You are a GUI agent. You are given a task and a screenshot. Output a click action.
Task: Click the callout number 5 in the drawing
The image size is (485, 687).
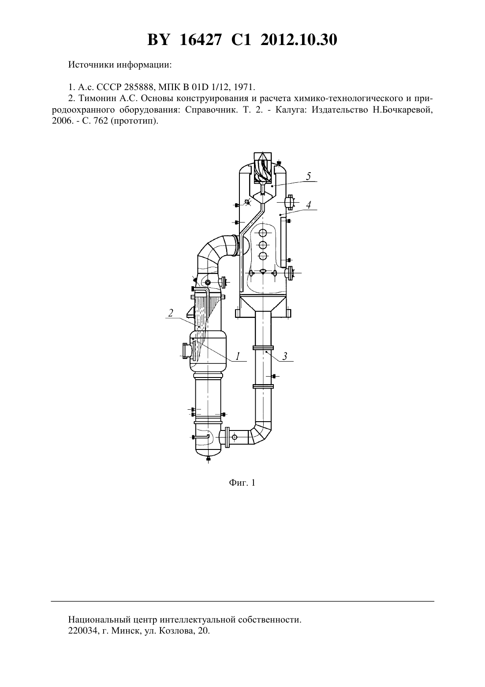pyautogui.click(x=308, y=176)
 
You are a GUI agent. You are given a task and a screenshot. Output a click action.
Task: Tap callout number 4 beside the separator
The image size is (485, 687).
pyautogui.click(x=309, y=204)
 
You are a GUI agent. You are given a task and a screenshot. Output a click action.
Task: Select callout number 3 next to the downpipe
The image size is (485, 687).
pyautogui.click(x=285, y=356)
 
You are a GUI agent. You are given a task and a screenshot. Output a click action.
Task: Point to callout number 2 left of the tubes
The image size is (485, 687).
pyautogui.click(x=171, y=313)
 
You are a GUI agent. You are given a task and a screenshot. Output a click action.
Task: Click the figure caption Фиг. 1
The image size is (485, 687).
pyautogui.click(x=242, y=483)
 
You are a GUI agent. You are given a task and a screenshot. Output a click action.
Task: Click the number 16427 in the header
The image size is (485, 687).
pyautogui.click(x=200, y=40)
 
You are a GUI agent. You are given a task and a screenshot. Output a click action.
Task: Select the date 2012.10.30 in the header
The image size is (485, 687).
pyautogui.click(x=299, y=40)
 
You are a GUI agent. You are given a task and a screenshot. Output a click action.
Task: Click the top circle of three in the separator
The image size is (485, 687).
pyautogui.click(x=263, y=233)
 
